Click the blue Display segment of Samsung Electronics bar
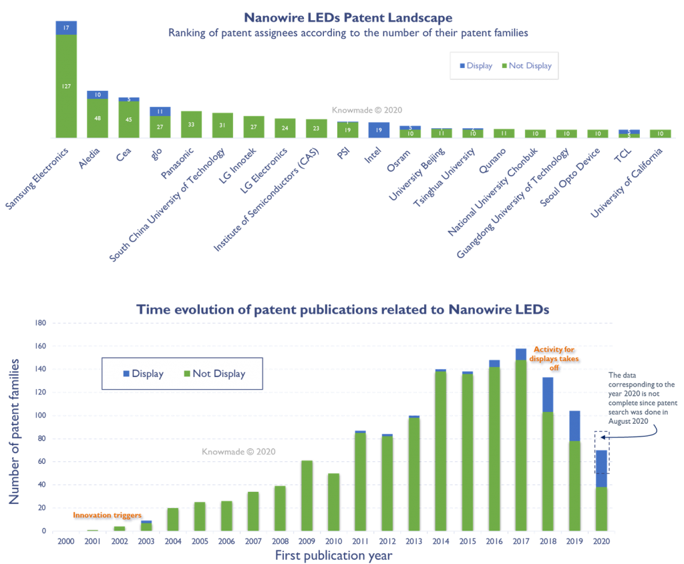point(66,27)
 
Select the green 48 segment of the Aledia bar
point(98,119)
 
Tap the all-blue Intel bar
point(379,129)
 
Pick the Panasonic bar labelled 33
point(191,124)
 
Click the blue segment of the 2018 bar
point(548,394)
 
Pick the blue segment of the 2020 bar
point(601,469)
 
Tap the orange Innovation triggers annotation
point(107,515)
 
